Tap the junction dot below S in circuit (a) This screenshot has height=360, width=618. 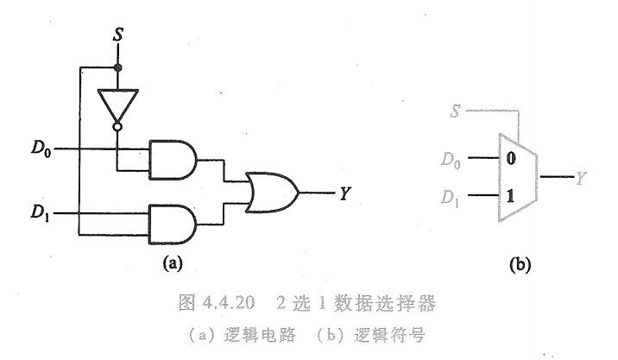[x=117, y=66]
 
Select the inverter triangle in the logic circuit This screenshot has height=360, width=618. [x=117, y=103]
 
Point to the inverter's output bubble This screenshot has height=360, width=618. [x=117, y=129]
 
